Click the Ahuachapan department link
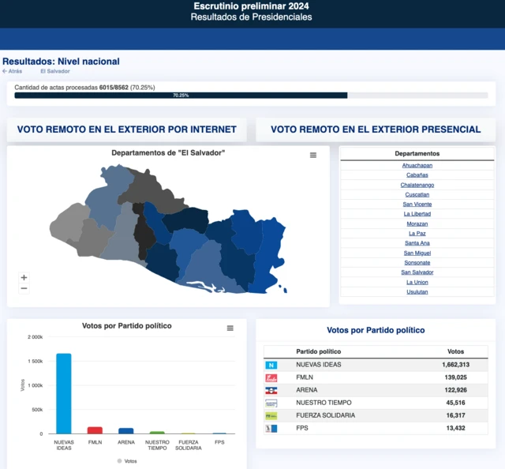(417, 165)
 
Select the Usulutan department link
(417, 291)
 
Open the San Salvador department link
(417, 272)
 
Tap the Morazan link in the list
(417, 223)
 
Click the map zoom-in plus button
(24, 277)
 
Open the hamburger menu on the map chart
(313, 155)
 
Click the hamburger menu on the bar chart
(230, 328)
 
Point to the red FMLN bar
(95, 430)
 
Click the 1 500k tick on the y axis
(34, 361)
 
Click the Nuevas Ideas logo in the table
(271, 365)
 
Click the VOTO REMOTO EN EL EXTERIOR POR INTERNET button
(126, 129)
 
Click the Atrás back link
(13, 71)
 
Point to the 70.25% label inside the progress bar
(181, 96)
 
